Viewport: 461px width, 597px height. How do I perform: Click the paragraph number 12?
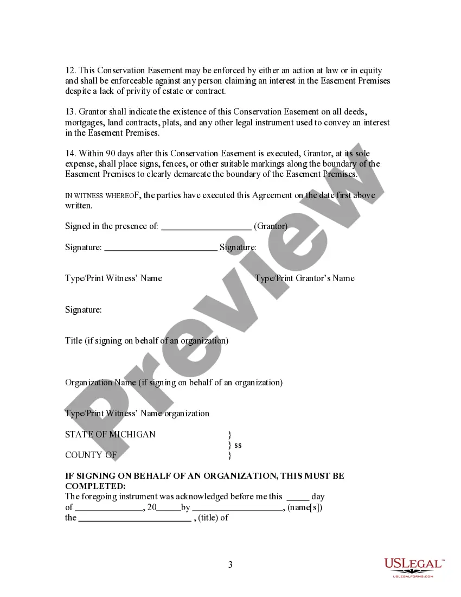tap(70, 71)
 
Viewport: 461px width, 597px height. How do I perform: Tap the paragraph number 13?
tap(70, 112)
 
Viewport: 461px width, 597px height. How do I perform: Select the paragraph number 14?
tap(70, 154)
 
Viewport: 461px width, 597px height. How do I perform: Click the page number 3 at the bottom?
tap(230, 564)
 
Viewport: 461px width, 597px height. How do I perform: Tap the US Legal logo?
tap(413, 567)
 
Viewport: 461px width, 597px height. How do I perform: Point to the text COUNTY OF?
tap(91, 455)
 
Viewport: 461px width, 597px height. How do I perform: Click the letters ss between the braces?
tap(238, 444)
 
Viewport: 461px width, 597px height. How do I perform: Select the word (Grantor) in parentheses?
tap(271, 226)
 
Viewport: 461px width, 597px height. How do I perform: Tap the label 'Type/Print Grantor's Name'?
tap(305, 278)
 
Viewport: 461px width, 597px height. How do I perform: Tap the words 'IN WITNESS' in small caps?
tap(80, 195)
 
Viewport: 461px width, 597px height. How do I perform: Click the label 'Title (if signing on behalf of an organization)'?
tap(146, 341)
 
